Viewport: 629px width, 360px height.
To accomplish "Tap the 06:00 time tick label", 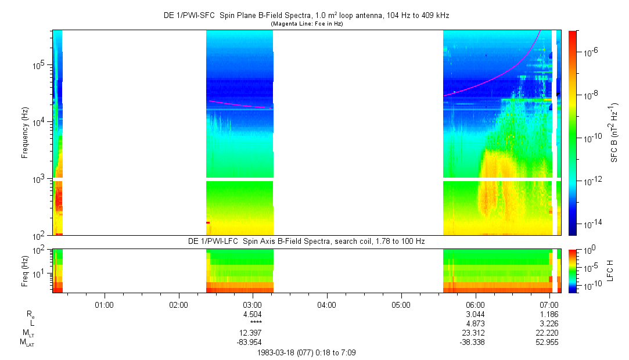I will coord(476,304).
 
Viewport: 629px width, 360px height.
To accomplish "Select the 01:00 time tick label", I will coord(104,304).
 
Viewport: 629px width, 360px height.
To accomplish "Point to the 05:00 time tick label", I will coord(401,304).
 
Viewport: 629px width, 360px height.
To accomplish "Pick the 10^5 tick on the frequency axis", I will coord(40,65).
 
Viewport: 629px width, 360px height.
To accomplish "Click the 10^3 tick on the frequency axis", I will coord(40,179).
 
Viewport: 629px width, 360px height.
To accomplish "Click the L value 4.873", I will coord(476,323).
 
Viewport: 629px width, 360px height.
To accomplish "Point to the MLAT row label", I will coord(27,342).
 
